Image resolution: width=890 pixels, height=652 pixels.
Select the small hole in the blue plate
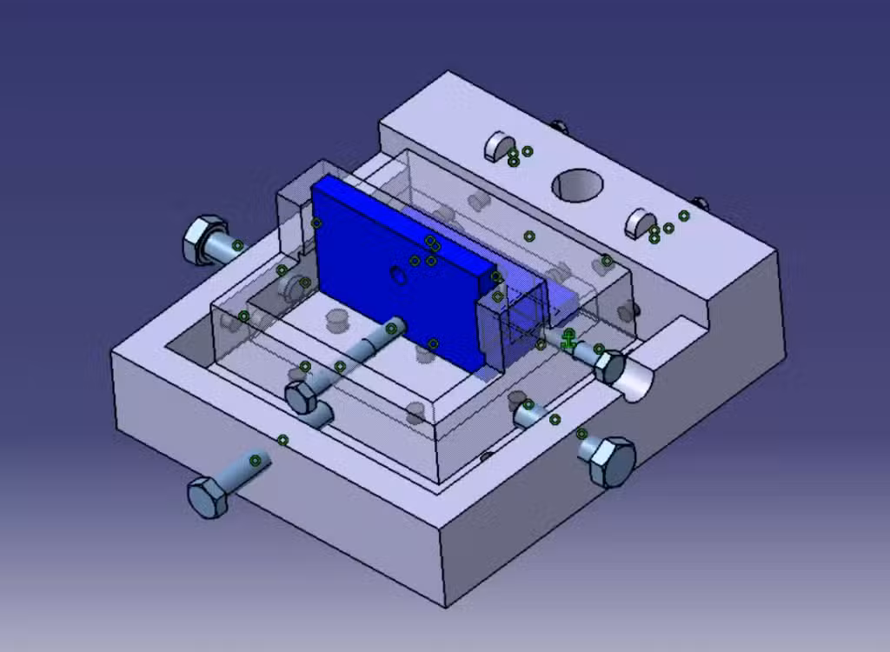tap(398, 276)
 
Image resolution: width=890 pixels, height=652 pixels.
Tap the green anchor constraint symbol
tap(568, 339)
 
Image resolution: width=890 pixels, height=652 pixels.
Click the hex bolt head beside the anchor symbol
tap(611, 367)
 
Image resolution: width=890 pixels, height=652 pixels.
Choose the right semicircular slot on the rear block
tap(640, 223)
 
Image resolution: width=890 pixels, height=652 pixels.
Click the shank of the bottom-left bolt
tap(248, 467)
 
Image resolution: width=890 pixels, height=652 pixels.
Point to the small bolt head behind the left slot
tap(558, 127)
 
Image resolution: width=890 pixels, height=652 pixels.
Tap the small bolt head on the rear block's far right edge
tap(700, 204)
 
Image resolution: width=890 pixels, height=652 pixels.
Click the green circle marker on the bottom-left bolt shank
tap(256, 461)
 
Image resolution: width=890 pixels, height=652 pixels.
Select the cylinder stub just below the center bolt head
tap(320, 415)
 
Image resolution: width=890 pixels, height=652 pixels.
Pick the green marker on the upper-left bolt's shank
tap(237, 246)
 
